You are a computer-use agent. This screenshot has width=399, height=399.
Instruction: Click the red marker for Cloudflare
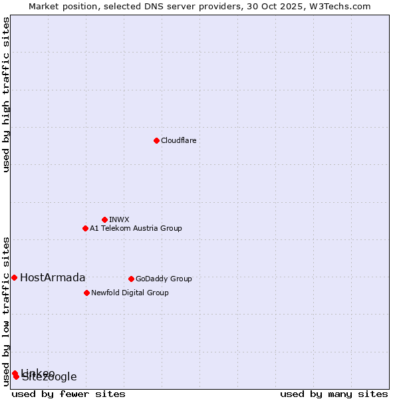point(156,140)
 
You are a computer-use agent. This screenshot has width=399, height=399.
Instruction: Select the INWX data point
point(104,219)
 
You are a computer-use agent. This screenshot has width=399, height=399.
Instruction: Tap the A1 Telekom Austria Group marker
point(85,228)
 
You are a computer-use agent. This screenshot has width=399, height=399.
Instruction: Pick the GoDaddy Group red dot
point(131,279)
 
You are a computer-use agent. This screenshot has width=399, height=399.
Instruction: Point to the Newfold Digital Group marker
point(86,293)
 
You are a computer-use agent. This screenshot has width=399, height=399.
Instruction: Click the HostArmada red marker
point(14,277)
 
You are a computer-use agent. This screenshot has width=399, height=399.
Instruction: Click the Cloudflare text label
point(178,140)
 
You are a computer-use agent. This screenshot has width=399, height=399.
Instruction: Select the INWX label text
point(119,219)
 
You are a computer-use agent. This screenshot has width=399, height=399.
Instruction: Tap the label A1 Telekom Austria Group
point(136,228)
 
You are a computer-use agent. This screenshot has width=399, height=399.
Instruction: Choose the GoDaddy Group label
point(164,279)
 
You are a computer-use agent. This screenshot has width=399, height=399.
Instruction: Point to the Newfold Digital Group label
point(130,293)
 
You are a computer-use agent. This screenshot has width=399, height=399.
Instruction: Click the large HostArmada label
point(53,278)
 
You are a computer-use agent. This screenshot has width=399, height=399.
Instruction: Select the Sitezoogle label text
point(50,378)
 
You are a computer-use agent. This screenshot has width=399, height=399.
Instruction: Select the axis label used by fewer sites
point(68,394)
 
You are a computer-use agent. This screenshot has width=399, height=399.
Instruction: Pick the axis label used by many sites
point(334,394)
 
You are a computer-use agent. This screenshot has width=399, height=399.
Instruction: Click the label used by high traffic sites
point(7,94)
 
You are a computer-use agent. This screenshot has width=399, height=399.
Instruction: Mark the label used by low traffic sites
point(7,311)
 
